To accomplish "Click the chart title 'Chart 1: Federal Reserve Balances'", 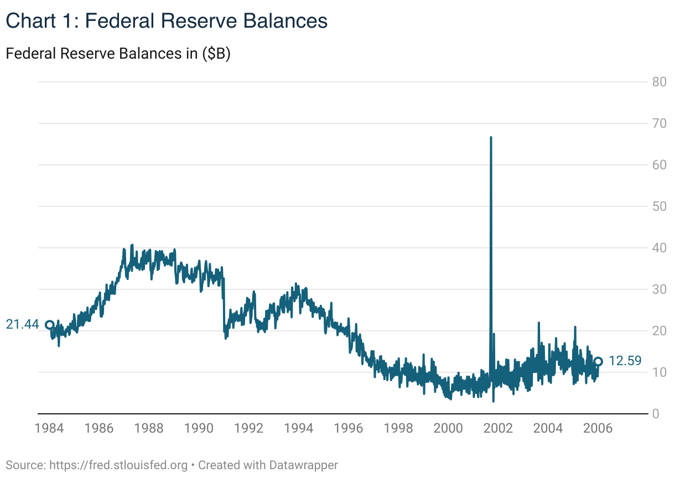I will click(167, 21).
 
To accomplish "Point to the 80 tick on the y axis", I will click(658, 82).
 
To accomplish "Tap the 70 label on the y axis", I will click(658, 123).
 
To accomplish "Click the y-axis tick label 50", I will click(658, 206).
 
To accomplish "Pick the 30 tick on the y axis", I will click(658, 289).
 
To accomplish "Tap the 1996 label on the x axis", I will click(349, 429).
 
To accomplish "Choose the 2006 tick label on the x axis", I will click(598, 429).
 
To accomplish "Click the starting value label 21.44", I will click(22, 325).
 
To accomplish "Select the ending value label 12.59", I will click(625, 361).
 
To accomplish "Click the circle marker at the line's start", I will click(49, 325).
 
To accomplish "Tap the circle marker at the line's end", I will click(598, 361).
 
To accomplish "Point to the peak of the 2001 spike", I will click(491, 137).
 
